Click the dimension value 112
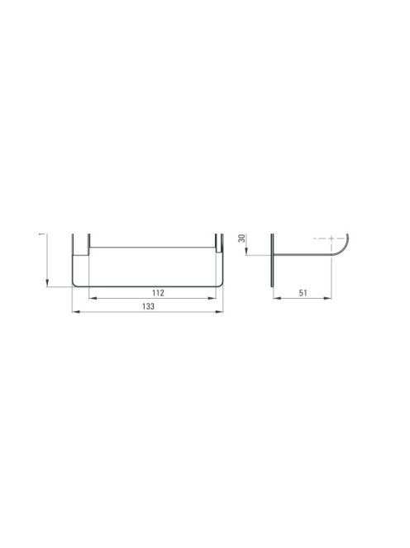point(158,293)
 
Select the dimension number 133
point(148,306)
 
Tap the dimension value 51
point(303,293)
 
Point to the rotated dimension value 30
point(241,239)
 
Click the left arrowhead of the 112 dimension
point(93,298)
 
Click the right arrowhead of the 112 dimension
point(212,298)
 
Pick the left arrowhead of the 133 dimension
point(75,311)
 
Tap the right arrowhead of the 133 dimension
point(219,311)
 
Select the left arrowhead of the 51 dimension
point(277,298)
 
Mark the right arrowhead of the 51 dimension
point(327,298)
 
